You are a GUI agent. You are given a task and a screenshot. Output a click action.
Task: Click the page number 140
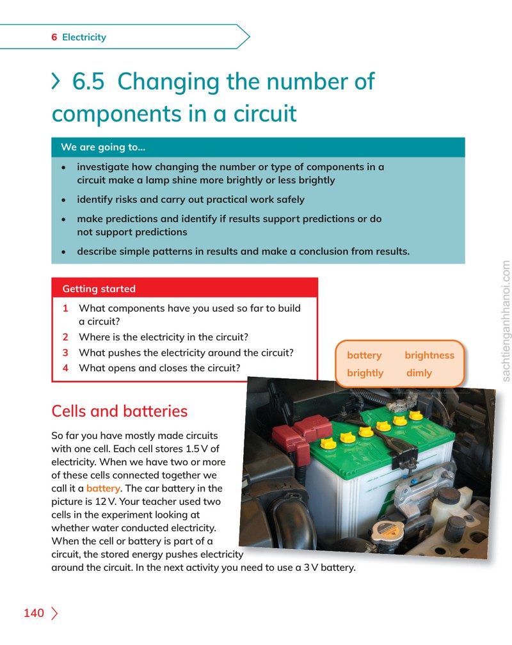point(34,613)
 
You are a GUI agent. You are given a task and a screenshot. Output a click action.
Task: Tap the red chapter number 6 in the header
point(54,37)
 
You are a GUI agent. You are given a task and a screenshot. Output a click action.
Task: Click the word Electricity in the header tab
point(84,37)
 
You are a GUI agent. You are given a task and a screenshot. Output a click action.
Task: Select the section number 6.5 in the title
point(88,81)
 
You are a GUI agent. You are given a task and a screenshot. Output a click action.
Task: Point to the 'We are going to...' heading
point(103,147)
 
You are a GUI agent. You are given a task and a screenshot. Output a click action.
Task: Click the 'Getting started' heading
point(99,289)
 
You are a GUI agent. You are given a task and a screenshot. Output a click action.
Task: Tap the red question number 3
point(65,353)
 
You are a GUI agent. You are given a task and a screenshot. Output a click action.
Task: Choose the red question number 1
point(65,308)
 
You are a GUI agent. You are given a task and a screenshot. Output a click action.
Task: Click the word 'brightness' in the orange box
point(429,355)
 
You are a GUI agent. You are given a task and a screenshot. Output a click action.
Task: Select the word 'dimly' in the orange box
point(419,373)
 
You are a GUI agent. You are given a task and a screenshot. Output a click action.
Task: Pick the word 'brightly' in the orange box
point(365,373)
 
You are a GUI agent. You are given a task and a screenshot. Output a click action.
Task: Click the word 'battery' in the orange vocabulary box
point(364,355)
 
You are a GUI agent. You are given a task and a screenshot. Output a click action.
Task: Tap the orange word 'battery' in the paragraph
point(103,488)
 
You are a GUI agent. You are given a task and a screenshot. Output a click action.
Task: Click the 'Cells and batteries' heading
point(119,411)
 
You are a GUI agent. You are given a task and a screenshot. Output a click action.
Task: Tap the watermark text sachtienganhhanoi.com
point(506,321)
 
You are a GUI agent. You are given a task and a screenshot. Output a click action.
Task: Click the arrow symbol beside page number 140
point(54,613)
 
